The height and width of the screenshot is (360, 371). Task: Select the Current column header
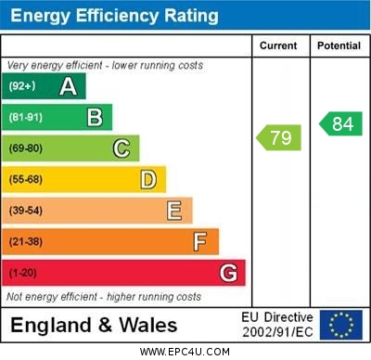pos(278,45)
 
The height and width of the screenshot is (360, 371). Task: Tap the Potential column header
pos(339,45)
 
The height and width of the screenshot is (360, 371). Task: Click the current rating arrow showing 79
pos(278,138)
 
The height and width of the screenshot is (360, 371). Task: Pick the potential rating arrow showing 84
pos(340,123)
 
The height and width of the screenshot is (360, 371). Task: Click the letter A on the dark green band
pos(68,86)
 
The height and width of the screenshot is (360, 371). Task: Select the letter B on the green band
pos(95,117)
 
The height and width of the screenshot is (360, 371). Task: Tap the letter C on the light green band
pos(122,148)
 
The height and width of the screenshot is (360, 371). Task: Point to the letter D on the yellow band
pos(148,179)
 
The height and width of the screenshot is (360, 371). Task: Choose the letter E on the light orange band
pos(174,211)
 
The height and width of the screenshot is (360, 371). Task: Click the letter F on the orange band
pos(200,242)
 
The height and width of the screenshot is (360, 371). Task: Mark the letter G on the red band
pos(228,273)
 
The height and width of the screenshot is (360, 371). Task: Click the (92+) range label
pos(23,86)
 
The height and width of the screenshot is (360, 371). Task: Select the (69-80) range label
pos(26,148)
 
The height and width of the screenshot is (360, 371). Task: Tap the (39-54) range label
pos(26,211)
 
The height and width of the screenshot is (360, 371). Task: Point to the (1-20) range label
pos(23,274)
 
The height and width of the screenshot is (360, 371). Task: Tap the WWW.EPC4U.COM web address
pos(185,352)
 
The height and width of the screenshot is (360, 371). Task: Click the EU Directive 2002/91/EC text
pos(277,325)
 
